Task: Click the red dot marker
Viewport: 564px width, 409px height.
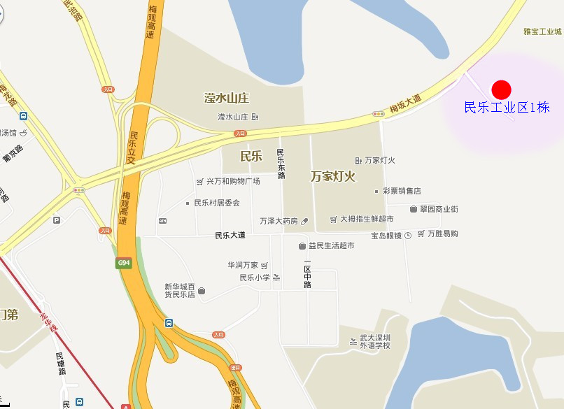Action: point(502,89)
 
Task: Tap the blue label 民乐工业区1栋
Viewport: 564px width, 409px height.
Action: point(507,108)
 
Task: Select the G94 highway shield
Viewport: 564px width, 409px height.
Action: point(124,263)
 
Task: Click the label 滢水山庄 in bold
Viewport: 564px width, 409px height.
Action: point(227,97)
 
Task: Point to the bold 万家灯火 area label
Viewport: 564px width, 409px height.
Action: point(333,177)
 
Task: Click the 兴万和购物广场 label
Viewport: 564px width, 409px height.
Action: point(233,181)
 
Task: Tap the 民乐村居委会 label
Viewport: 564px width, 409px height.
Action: point(217,203)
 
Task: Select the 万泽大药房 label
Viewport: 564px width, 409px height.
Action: point(279,221)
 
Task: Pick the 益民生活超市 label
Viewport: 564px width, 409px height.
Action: point(331,245)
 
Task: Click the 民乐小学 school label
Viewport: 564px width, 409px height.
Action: point(255,278)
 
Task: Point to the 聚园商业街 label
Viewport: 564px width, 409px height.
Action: point(439,208)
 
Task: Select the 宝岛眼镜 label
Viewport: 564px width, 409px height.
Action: point(386,236)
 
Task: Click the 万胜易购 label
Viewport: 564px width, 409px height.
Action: point(442,234)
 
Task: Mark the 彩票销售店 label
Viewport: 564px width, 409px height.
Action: point(402,191)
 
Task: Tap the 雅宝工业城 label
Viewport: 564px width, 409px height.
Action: point(542,31)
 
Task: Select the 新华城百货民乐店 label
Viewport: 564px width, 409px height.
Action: point(179,290)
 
